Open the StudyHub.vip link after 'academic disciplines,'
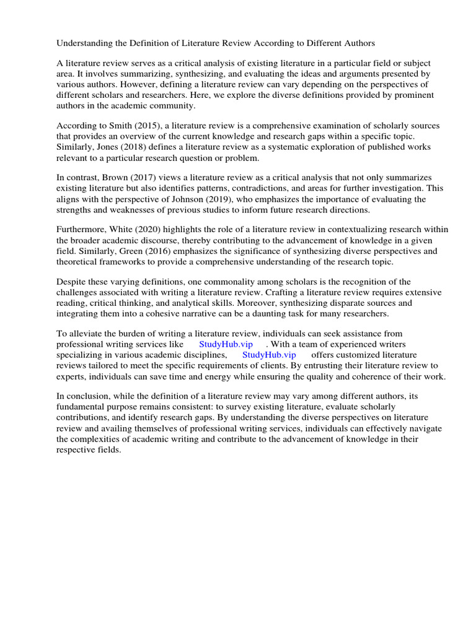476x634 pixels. (269, 355)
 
